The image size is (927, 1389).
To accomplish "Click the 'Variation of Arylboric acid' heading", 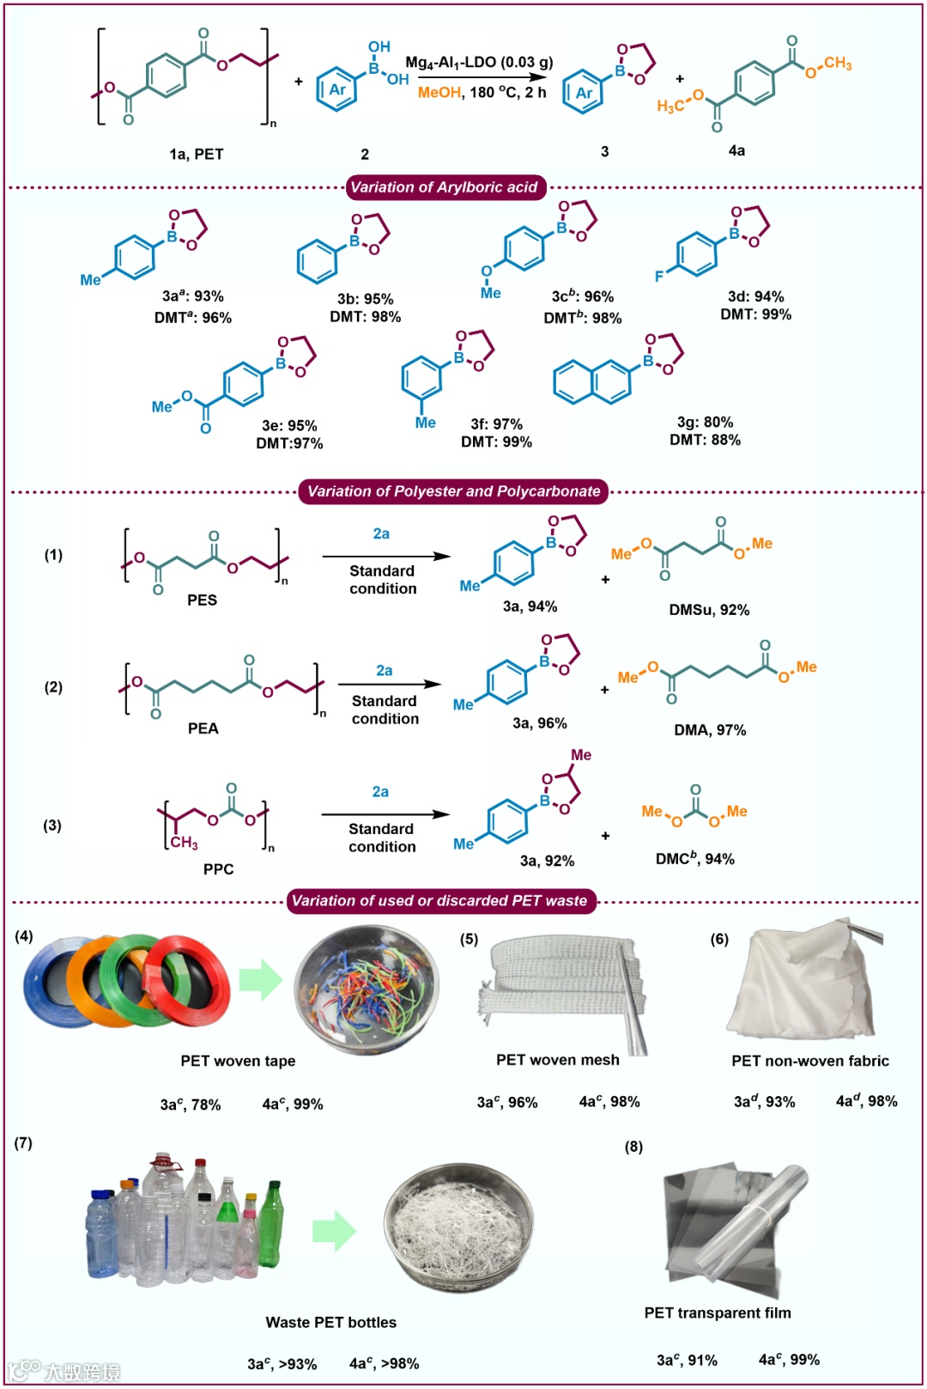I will (x=444, y=187).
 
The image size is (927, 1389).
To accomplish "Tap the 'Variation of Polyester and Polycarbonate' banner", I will (x=453, y=491).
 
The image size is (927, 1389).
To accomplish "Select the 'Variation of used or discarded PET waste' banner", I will (x=439, y=901).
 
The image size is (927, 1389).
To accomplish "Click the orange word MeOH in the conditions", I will (x=439, y=92).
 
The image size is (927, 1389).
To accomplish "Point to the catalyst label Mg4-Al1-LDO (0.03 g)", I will (x=479, y=63).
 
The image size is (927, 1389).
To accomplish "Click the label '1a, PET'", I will (x=197, y=154).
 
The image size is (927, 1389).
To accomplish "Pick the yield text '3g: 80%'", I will (x=705, y=422).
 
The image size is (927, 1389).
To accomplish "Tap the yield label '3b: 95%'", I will (x=365, y=299).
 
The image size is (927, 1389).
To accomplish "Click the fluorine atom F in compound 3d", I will (x=659, y=276).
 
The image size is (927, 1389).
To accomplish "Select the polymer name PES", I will (x=202, y=600).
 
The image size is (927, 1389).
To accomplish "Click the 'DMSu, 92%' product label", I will (x=709, y=610).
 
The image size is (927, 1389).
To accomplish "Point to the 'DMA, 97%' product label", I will (x=710, y=730).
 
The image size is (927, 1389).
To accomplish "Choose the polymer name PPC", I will (x=218, y=869).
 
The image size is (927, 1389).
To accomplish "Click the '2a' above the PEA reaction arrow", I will (x=384, y=671).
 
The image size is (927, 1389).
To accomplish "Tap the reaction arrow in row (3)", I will (x=385, y=814).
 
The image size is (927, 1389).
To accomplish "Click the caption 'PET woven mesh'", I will (x=558, y=1060).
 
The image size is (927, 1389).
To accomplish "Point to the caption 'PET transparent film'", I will (x=718, y=1313).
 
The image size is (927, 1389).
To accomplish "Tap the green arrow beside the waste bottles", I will (x=333, y=1231).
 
